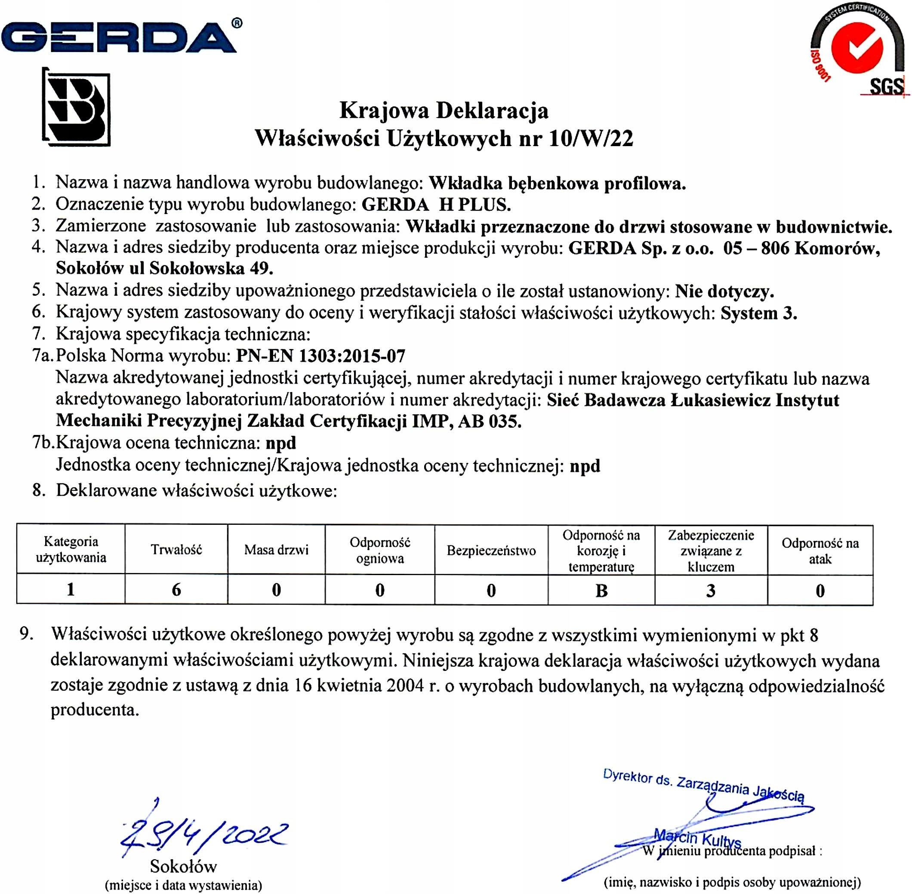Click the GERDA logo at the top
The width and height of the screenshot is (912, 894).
(120, 37)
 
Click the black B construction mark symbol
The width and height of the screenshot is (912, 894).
(77, 107)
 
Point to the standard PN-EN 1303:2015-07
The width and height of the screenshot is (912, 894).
(320, 356)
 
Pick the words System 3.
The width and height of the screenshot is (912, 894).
(759, 313)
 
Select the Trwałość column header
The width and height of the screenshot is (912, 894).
(176, 550)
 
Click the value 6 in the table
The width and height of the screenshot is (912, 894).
(176, 590)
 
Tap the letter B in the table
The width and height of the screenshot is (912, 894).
(601, 591)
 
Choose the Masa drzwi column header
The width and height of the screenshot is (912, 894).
(276, 550)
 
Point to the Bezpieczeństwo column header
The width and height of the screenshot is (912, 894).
(491, 550)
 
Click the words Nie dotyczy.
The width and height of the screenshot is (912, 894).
(724, 291)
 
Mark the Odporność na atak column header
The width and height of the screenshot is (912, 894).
(820, 551)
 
